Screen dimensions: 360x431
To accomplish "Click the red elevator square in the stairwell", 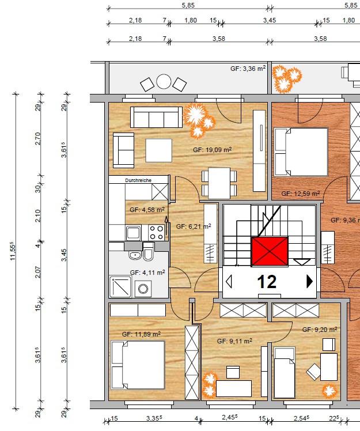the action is pyautogui.click(x=270, y=252).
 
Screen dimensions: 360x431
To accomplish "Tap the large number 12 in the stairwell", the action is pyautogui.click(x=267, y=282).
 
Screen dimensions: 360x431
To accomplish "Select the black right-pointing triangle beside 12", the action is pyautogui.click(x=310, y=281).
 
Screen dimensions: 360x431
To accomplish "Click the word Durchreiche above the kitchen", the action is pyautogui.click(x=138, y=180).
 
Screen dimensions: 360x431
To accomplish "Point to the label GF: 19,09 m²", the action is pyautogui.click(x=212, y=150).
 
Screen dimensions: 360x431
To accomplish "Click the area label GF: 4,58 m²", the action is pyautogui.click(x=147, y=210).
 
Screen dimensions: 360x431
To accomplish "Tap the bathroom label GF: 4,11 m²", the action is pyautogui.click(x=147, y=273).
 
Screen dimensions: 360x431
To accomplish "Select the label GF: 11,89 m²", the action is pyautogui.click(x=141, y=334).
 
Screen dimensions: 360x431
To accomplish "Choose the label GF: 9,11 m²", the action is pyautogui.click(x=234, y=341).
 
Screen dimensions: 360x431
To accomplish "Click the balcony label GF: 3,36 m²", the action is pyautogui.click(x=248, y=69).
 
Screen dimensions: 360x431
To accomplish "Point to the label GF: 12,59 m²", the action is pyautogui.click(x=301, y=194).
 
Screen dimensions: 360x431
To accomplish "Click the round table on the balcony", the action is pyautogui.click(x=164, y=82).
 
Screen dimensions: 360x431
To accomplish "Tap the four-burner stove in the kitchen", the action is pyautogui.click(x=156, y=233).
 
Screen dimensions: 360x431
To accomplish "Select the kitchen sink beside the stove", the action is pyautogui.click(x=134, y=233).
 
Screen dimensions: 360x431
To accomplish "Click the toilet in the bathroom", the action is pyautogui.click(x=149, y=252).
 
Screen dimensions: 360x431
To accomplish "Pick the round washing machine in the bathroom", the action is pyautogui.click(x=143, y=289).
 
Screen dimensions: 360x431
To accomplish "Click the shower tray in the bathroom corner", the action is pyautogui.click(x=120, y=287).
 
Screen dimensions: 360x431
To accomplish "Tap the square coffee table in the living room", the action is pyautogui.click(x=158, y=150).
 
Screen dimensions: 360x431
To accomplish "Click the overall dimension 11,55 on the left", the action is pyautogui.click(x=12, y=251).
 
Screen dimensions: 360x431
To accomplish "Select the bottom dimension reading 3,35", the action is pyautogui.click(x=154, y=418).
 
